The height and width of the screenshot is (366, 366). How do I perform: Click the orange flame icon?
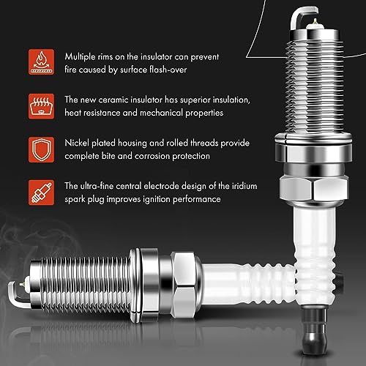pos(41,61)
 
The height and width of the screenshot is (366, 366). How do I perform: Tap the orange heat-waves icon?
pos(41,106)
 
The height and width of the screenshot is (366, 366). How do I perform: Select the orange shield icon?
pos(41,149)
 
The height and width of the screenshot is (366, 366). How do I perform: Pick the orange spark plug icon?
pos(41,193)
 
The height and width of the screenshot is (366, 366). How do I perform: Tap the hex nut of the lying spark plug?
pos(186,285)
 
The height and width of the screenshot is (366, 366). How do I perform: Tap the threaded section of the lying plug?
pos(86,285)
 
